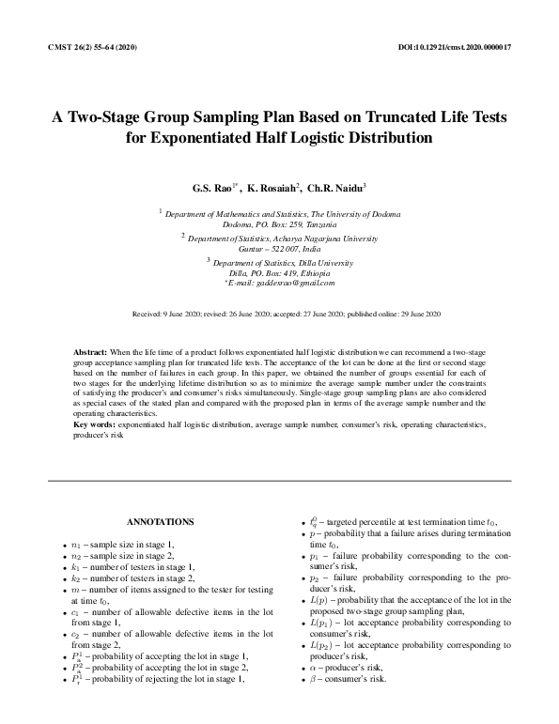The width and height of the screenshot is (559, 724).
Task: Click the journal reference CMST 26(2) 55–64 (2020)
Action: point(91,46)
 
